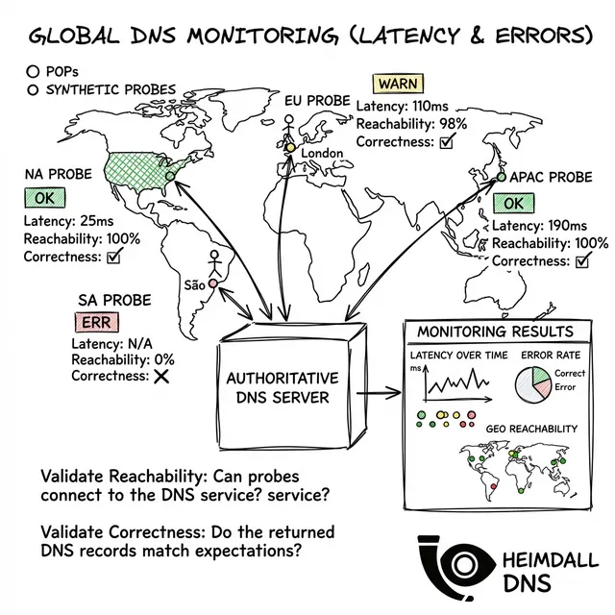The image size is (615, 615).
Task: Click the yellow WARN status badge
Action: (398, 84)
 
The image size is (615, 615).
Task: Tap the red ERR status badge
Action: (96, 323)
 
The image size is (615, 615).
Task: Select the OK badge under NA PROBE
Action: (45, 198)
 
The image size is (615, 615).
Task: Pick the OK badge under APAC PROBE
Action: (513, 203)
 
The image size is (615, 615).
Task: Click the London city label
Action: (322, 153)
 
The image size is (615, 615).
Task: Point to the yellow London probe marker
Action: (290, 147)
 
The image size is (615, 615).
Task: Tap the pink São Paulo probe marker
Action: (212, 283)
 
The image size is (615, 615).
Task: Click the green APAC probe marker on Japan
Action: (502, 177)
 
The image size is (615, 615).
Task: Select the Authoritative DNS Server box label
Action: (283, 388)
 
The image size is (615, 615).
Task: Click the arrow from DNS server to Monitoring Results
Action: (379, 393)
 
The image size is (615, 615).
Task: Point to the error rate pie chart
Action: (533, 384)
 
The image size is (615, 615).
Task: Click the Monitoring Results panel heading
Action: (496, 332)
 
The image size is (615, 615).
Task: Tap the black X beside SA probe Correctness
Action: (161, 377)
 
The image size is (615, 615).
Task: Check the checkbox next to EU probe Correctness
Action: (447, 141)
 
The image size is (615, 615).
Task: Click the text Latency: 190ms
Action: (539, 226)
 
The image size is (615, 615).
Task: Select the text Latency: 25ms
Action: (68, 221)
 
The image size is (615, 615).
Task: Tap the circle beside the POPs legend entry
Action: (33, 72)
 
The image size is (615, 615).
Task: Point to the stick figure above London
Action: (288, 128)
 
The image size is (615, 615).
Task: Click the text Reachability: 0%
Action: (123, 359)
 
